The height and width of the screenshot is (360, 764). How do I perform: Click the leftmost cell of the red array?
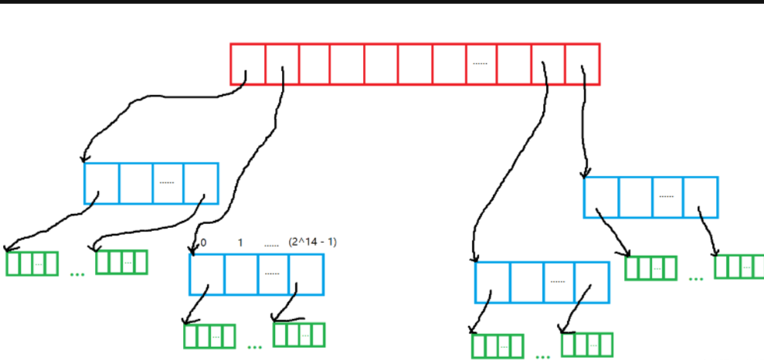click(248, 63)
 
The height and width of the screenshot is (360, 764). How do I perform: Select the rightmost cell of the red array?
click(582, 63)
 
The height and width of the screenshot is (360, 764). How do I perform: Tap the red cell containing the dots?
click(480, 63)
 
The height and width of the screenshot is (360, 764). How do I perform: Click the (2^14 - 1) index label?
click(312, 243)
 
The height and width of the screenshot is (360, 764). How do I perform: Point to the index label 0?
click(203, 243)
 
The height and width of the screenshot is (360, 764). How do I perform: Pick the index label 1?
click(240, 243)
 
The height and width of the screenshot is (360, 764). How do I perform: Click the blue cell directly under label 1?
click(241, 274)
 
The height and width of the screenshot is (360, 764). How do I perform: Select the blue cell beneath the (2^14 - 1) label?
click(306, 274)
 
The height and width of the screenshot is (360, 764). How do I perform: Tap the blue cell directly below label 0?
click(207, 274)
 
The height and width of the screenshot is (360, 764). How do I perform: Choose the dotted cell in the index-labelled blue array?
click(273, 274)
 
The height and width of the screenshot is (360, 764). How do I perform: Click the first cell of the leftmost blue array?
click(102, 183)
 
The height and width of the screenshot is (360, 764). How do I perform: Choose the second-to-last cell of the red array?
click(548, 63)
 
